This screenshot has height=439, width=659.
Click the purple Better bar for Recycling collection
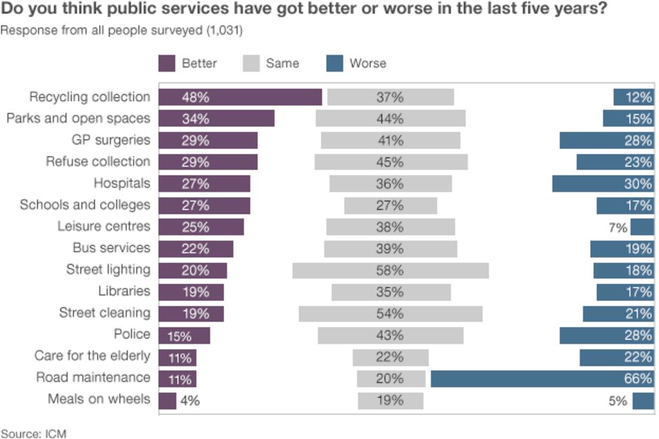tap(240, 97)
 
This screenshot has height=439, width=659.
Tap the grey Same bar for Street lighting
tap(390, 271)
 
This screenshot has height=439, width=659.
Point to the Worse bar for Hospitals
tap(603, 184)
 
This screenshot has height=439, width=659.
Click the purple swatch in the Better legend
tap(167, 63)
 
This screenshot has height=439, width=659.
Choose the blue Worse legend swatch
tap(334, 63)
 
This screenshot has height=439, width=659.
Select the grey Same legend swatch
tap(251, 63)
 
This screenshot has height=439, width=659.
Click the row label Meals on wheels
tap(99, 399)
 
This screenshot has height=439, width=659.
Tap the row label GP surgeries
tap(111, 140)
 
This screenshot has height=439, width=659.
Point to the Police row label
tap(132, 334)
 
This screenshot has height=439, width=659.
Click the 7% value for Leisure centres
tap(618, 228)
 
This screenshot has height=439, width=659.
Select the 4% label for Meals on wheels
tap(190, 401)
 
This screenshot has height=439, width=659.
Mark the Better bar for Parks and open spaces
tap(216, 119)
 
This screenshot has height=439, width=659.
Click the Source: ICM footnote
tap(34, 433)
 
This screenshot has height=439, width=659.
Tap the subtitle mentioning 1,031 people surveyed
tap(122, 31)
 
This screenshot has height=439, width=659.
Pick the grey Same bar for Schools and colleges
tap(390, 206)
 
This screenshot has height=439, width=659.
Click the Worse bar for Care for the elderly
tap(616, 357)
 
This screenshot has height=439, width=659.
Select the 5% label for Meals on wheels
tap(618, 401)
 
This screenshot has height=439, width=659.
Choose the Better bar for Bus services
tap(196, 249)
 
